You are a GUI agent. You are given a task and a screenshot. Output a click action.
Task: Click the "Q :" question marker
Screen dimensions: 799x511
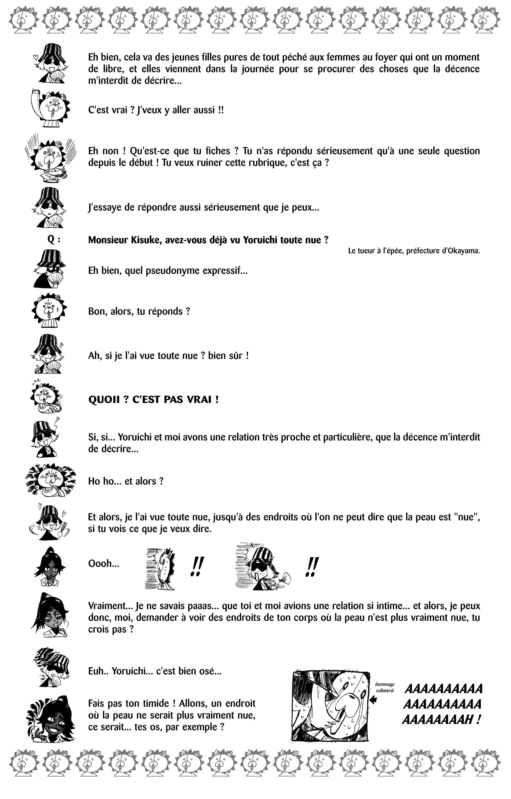pyautogui.click(x=54, y=240)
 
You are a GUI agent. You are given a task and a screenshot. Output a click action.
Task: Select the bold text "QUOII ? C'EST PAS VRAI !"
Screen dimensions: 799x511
pyautogui.click(x=153, y=399)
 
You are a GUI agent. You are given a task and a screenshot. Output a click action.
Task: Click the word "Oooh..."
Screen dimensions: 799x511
pyautogui.click(x=104, y=563)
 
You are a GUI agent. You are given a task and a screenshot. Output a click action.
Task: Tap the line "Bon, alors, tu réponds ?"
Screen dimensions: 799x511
pyautogui.click(x=139, y=311)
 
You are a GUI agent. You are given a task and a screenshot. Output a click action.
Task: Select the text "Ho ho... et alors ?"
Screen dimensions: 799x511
pyautogui.click(x=126, y=481)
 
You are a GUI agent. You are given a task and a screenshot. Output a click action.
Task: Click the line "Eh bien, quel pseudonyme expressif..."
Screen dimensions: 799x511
pyautogui.click(x=168, y=270)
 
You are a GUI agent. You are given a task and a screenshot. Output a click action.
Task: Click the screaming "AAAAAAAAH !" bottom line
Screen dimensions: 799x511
pyautogui.click(x=441, y=720)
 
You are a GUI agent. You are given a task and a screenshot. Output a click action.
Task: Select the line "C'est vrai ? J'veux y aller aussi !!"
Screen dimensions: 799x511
pyautogui.click(x=156, y=110)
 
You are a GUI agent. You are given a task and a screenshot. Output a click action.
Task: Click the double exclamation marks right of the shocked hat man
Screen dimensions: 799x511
pyautogui.click(x=311, y=567)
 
